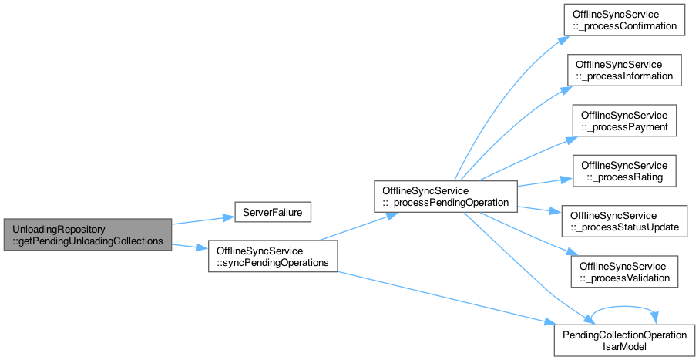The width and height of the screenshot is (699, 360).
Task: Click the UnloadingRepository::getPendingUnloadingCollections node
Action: [86, 235]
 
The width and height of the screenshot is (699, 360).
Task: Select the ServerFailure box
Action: [273, 210]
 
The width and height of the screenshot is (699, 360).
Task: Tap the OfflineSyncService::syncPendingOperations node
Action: [273, 257]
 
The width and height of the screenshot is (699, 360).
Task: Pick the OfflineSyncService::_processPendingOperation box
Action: [445, 197]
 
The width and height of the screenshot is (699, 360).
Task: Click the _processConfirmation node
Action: [623, 21]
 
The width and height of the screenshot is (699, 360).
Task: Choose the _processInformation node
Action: [625, 69]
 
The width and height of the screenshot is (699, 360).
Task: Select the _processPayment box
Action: [624, 120]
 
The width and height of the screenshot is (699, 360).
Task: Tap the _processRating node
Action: [624, 171]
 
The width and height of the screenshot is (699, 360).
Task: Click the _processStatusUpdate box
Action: [623, 221]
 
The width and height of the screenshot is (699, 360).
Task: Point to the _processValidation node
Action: [624, 271]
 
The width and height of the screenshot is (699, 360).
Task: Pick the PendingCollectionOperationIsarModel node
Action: [625, 340]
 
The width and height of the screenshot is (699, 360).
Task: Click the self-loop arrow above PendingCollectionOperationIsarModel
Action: [625, 309]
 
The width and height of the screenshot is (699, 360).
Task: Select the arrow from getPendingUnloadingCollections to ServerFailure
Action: [202, 220]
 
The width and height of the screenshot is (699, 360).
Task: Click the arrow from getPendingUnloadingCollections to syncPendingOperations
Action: [190, 246]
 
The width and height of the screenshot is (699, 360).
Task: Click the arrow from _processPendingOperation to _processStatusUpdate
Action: [539, 210]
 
